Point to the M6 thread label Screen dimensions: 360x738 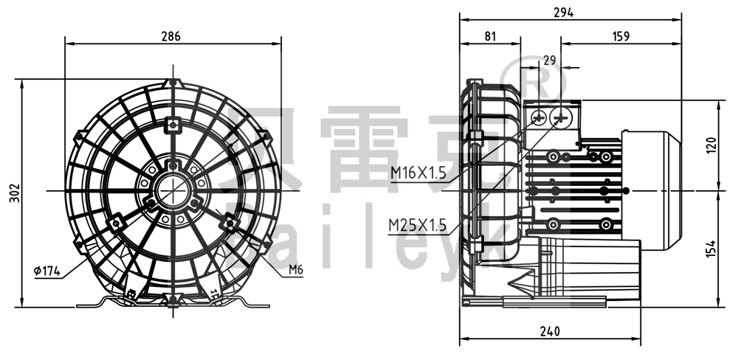click(295, 270)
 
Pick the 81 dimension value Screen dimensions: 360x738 click(491, 36)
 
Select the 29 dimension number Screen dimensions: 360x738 click(548, 61)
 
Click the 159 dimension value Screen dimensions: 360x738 click(621, 36)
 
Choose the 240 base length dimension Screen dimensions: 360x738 click(548, 330)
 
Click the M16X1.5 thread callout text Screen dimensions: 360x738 click(418, 173)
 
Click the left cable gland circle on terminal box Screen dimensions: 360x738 click(538, 118)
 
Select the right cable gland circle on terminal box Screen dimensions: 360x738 click(562, 118)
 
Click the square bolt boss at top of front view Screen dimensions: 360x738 click(173, 124)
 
